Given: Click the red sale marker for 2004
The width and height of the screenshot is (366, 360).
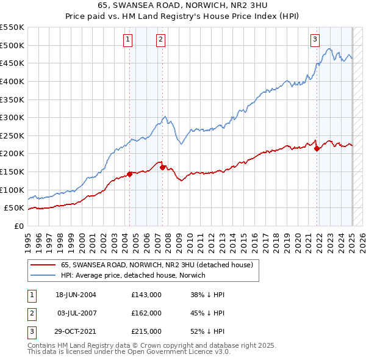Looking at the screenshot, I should point(129,174).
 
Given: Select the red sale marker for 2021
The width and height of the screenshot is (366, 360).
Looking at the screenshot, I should point(317,148).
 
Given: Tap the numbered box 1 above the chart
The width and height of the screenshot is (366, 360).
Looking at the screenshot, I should point(128,40).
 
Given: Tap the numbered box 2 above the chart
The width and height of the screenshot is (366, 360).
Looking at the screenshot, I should point(160,40).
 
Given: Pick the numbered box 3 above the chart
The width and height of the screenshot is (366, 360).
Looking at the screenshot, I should point(315,40).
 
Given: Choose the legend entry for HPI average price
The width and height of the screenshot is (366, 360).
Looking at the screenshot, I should point(133,275).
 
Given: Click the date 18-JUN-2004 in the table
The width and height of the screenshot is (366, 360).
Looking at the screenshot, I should point(76,295).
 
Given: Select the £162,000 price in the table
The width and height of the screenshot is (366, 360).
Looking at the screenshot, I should point(146,313).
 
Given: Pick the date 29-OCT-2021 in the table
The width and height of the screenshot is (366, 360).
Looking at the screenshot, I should point(76,331).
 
